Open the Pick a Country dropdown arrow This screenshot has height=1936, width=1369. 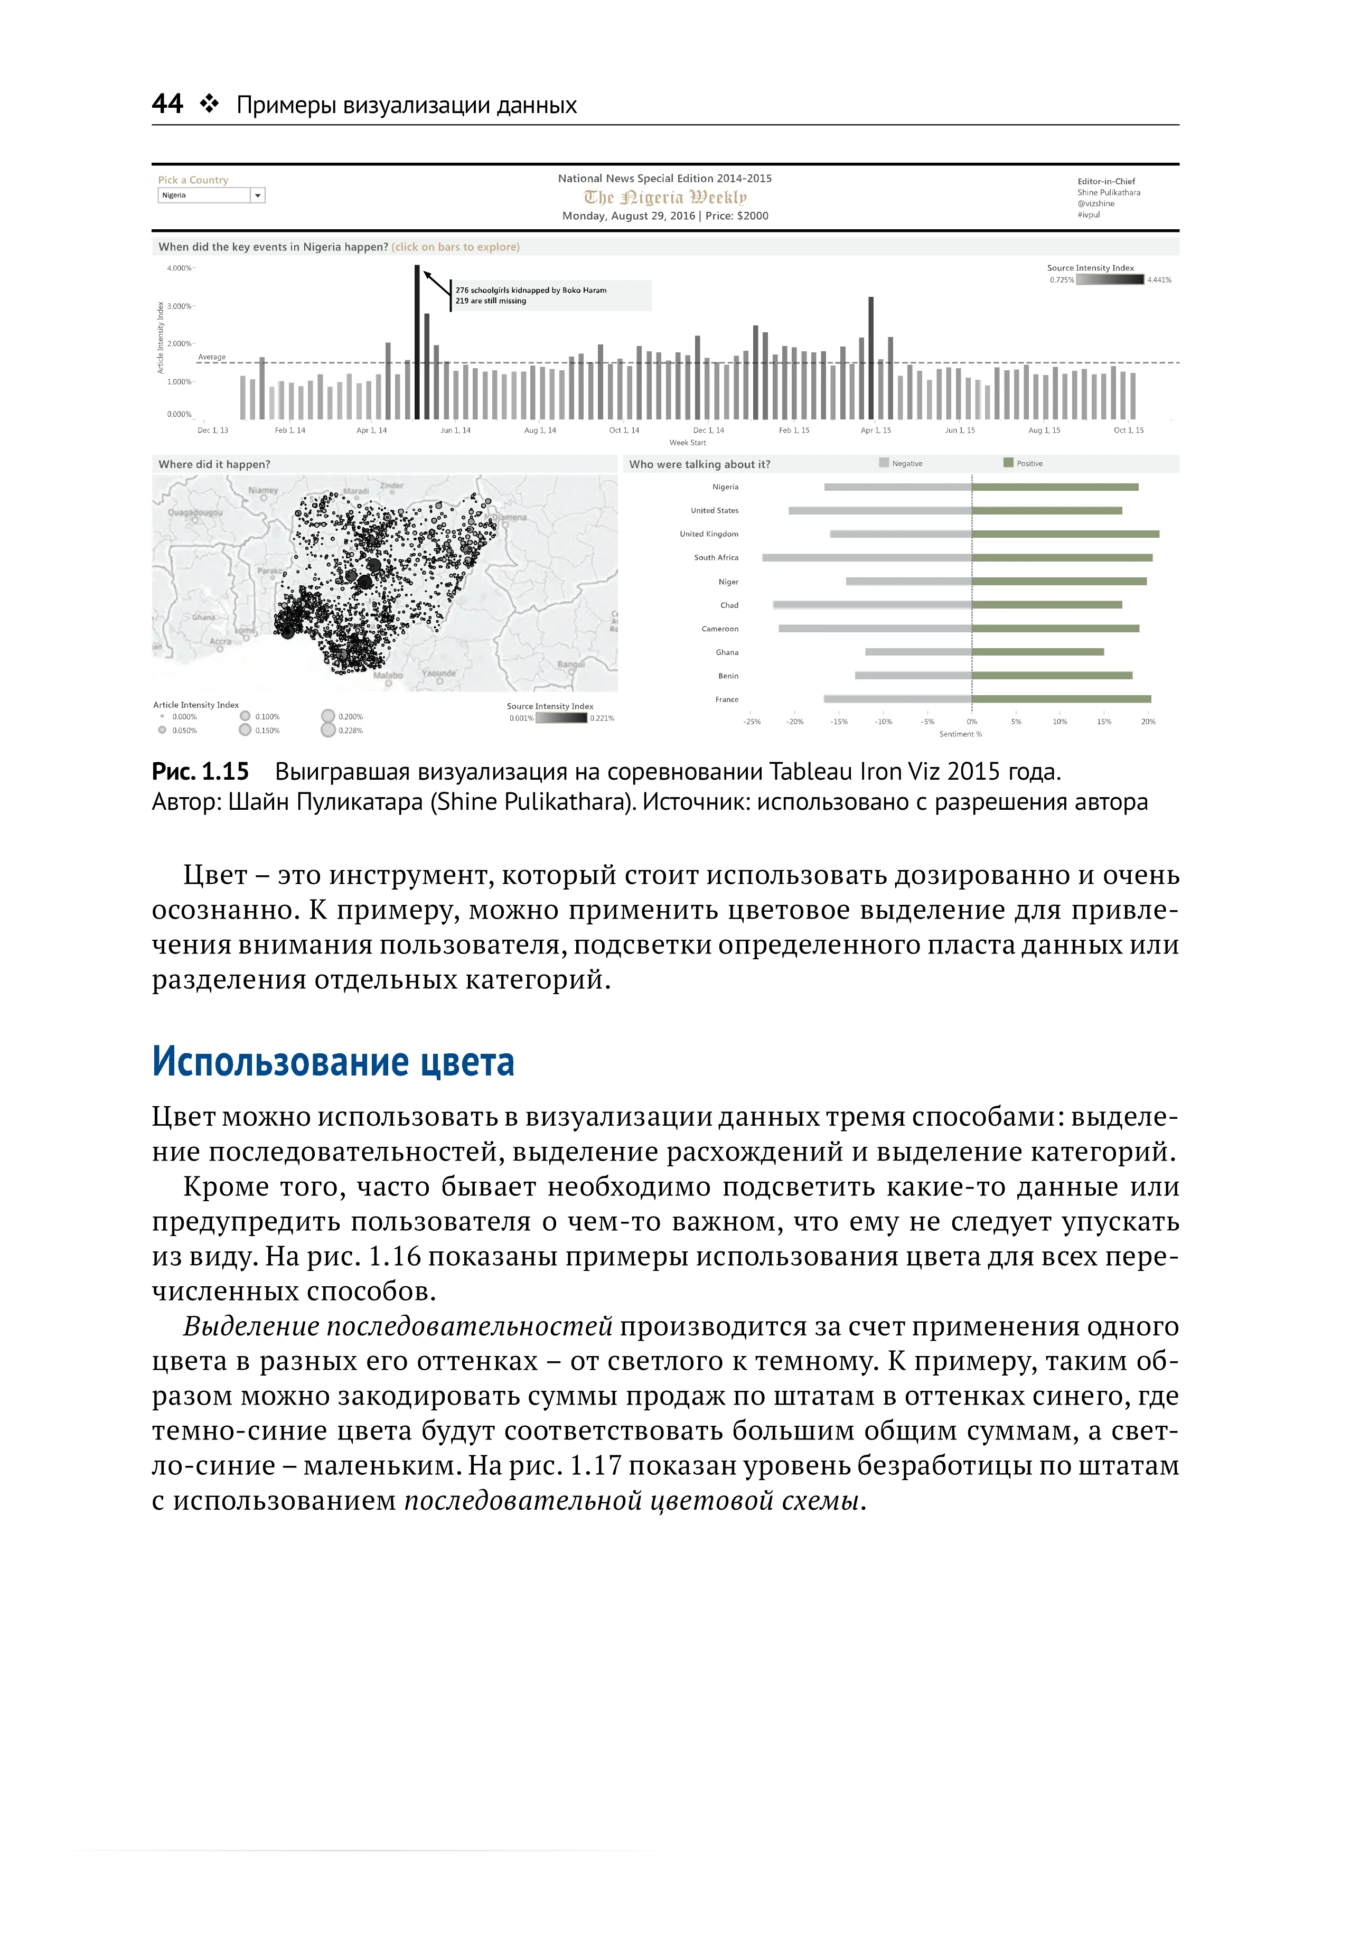[x=258, y=195]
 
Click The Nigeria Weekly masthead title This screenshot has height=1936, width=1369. [x=665, y=198]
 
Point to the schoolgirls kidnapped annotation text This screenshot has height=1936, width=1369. [x=531, y=295]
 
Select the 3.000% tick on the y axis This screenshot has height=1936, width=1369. [x=179, y=306]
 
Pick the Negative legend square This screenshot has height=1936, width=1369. [x=884, y=463]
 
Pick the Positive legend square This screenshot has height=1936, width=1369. [x=1008, y=463]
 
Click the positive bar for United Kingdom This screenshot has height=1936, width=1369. [x=1065, y=534]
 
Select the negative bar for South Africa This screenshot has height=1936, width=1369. [x=867, y=557]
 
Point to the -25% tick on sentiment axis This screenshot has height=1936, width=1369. [x=751, y=722]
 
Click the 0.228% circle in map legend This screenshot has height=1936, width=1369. [x=328, y=730]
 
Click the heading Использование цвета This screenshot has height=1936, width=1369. [x=333, y=1062]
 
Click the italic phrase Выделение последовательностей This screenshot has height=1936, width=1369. [x=398, y=1326]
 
